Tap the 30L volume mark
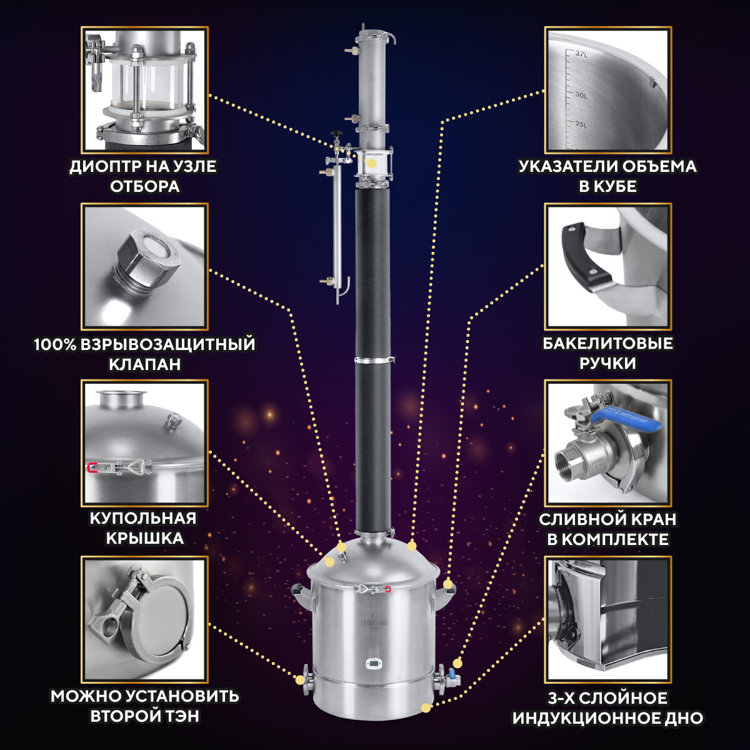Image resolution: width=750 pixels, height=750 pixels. [581, 96]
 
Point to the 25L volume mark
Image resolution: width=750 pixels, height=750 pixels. [581, 124]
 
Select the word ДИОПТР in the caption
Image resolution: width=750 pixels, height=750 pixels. [105, 167]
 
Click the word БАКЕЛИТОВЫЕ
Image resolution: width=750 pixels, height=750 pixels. [607, 344]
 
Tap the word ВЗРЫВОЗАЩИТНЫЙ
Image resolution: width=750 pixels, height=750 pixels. [168, 345]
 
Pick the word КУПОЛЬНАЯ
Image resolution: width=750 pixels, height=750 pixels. [143, 518]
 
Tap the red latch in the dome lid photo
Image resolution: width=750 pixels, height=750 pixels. [92, 467]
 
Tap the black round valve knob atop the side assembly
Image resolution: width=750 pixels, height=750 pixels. [335, 134]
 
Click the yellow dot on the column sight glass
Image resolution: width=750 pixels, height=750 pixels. [372, 164]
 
